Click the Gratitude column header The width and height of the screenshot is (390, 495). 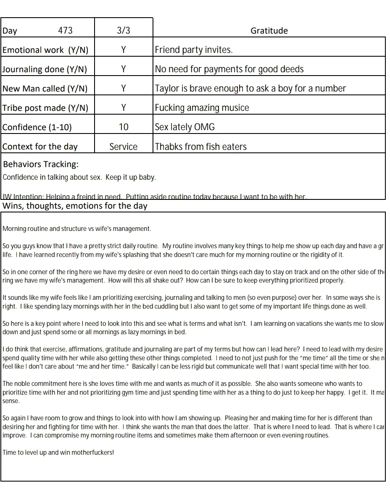pyautogui.click(x=269, y=31)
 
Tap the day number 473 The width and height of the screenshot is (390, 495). pyautogui.click(x=65, y=31)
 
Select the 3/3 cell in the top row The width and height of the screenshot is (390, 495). pyautogui.click(x=124, y=31)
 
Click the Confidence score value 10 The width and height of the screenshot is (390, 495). pyautogui.click(x=124, y=127)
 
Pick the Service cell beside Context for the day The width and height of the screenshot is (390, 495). pyautogui.click(x=124, y=147)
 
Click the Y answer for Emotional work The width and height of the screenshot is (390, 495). pyautogui.click(x=124, y=50)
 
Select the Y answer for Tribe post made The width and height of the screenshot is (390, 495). pyautogui.click(x=124, y=108)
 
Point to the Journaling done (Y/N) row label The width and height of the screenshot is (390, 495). pyautogui.click(x=45, y=69)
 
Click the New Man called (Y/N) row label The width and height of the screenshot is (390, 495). pyautogui.click(x=45, y=89)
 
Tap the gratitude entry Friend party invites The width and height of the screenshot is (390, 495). pyautogui.click(x=194, y=50)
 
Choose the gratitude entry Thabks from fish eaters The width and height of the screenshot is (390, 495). pyautogui.click(x=201, y=147)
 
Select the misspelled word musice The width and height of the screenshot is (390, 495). pyautogui.click(x=236, y=108)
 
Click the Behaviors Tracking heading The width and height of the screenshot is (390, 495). pyautogui.click(x=41, y=164)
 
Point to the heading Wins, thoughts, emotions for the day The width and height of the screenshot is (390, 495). pyautogui.click(x=75, y=206)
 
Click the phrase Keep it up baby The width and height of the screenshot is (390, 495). pyautogui.click(x=131, y=177)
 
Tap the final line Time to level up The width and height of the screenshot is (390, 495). pyautogui.click(x=58, y=453)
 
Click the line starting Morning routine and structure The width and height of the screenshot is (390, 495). pyautogui.click(x=76, y=229)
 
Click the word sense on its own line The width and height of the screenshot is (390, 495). pyautogui.click(x=11, y=401)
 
